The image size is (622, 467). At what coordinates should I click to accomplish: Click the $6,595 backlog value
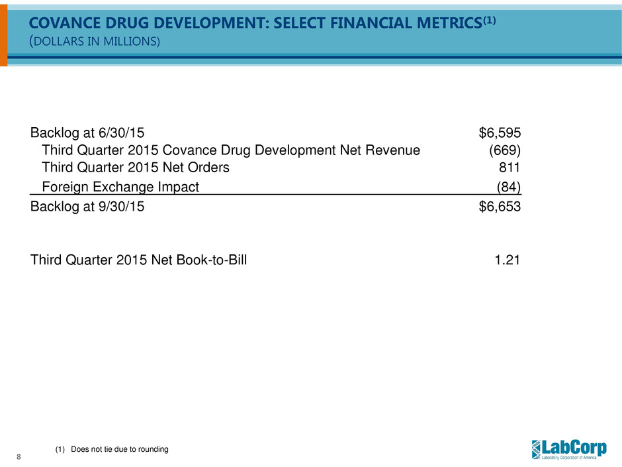(x=499, y=133)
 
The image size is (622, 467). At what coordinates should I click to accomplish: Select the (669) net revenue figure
(x=504, y=150)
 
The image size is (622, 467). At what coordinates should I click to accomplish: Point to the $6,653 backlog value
(x=499, y=206)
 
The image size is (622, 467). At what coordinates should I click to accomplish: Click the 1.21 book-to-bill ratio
(x=508, y=260)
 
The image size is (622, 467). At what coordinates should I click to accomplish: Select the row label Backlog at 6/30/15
(x=86, y=133)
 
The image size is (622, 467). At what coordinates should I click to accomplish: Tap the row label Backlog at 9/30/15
(x=86, y=206)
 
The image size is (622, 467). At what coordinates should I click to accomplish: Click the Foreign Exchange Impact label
(x=120, y=187)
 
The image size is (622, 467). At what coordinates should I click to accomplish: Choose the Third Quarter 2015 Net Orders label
(x=136, y=168)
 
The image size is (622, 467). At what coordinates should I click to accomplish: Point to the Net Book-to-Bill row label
(x=139, y=260)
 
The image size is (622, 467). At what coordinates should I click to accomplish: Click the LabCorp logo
(x=568, y=448)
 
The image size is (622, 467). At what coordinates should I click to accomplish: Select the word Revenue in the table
(x=394, y=150)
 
